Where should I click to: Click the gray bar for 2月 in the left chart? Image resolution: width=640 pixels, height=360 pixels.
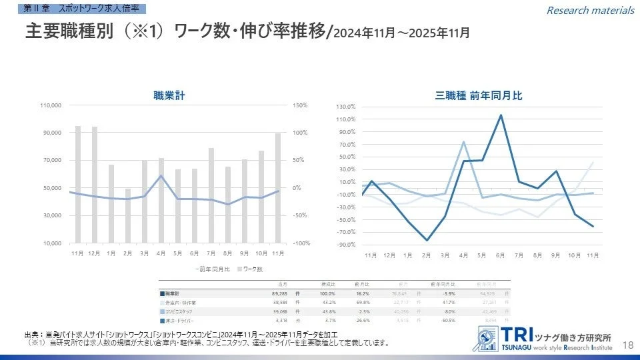(x=128, y=215)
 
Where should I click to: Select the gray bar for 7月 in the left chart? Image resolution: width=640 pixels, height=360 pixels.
(x=211, y=195)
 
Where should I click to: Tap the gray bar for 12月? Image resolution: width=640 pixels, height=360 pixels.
(x=94, y=185)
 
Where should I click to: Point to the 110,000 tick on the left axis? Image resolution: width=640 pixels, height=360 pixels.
(x=51, y=105)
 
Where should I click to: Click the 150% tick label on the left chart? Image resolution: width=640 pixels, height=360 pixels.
(x=299, y=105)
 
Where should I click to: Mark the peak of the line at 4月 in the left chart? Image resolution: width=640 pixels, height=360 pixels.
(x=161, y=176)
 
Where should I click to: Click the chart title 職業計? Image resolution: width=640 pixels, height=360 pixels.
(x=169, y=95)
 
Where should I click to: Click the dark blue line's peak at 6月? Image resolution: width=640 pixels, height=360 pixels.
(x=501, y=115)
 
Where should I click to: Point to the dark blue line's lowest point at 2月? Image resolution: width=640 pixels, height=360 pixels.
(x=427, y=240)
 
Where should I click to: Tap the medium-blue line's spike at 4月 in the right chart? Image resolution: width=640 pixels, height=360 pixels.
(x=463, y=142)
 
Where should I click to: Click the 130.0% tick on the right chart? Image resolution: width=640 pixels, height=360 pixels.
(x=346, y=107)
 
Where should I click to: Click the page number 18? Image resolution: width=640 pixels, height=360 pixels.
(x=627, y=344)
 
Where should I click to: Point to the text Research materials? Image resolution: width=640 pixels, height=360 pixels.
(x=590, y=10)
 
